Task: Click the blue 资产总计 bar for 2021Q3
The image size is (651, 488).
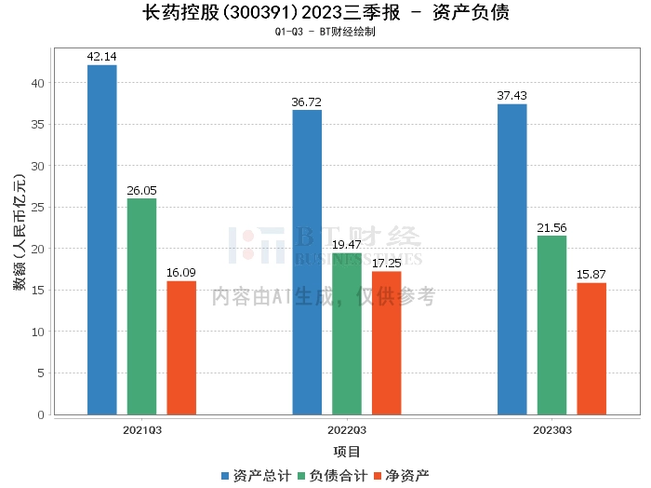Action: tap(102, 239)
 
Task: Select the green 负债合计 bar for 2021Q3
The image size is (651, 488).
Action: tap(142, 306)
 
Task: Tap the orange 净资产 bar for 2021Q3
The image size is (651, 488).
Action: tap(182, 347)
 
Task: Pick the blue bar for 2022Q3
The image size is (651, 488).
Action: tap(307, 262)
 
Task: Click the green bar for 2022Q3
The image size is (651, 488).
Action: tap(347, 333)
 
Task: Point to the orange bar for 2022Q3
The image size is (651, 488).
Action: tap(387, 343)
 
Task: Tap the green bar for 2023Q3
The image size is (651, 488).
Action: tap(552, 325)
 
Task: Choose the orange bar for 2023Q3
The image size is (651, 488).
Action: tap(591, 348)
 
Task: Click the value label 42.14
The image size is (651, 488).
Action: tap(102, 57)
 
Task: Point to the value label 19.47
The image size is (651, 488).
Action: tap(347, 245)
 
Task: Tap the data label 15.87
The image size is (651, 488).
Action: tap(591, 275)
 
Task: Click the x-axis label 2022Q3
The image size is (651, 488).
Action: tap(347, 430)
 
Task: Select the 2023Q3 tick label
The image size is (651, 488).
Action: tap(552, 430)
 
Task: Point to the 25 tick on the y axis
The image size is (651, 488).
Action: tap(38, 207)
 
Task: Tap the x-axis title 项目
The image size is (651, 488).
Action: tap(347, 452)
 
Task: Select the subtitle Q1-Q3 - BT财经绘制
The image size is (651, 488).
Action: tap(325, 32)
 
